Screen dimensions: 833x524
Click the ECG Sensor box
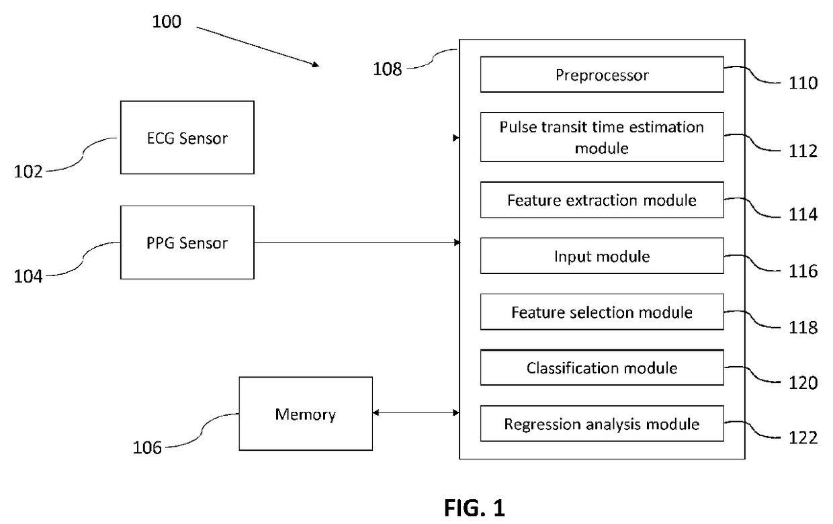point(187,137)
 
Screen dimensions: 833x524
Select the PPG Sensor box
point(187,243)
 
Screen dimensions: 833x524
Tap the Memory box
point(306,414)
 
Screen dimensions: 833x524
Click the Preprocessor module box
point(602,75)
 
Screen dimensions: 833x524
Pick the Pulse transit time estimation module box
point(602,137)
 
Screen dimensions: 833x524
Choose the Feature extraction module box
point(602,200)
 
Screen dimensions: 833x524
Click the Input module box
point(602,256)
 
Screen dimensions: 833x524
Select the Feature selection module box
point(602,312)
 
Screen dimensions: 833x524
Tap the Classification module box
point(602,367)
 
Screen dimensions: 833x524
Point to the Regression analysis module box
point(602,424)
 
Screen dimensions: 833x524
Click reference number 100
point(167,21)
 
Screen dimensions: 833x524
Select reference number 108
point(387,69)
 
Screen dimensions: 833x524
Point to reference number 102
point(28,172)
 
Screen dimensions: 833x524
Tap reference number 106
point(147,448)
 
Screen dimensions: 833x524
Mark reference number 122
point(803,438)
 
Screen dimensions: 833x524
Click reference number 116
point(803,271)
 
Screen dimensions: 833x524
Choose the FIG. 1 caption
point(474,508)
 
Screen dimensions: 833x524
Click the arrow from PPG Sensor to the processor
point(357,243)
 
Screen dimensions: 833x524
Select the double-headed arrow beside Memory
point(416,412)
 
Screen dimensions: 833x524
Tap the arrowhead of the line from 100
point(316,65)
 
